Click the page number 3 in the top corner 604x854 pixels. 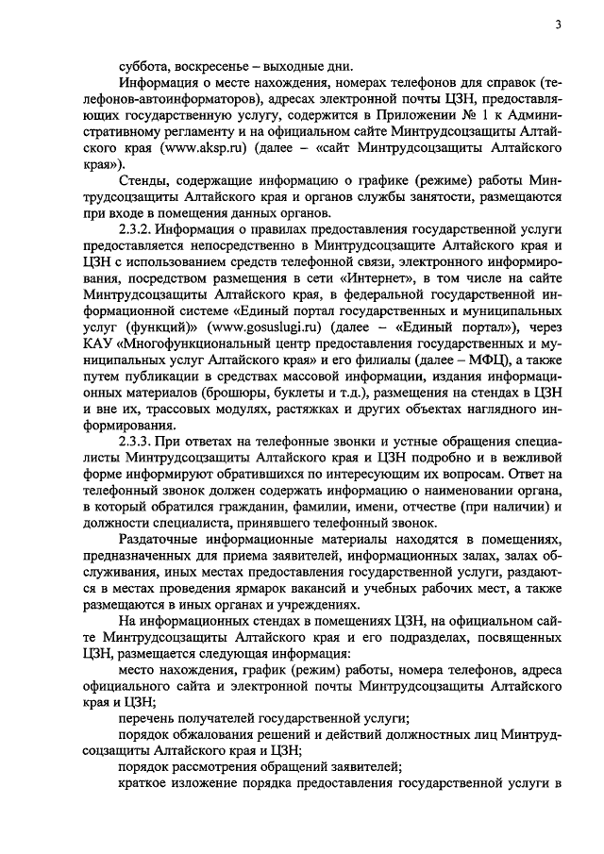pyautogui.click(x=558, y=25)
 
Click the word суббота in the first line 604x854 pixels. pyautogui.click(x=141, y=67)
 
